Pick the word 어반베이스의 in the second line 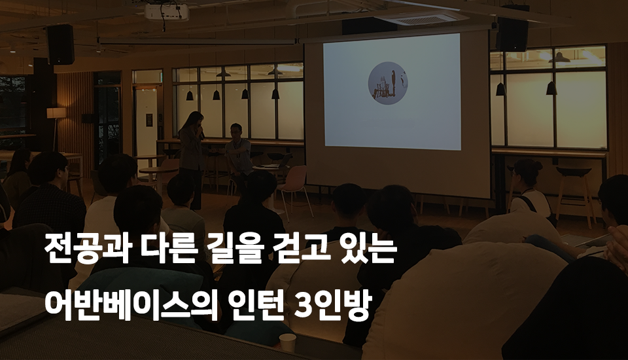[131, 305]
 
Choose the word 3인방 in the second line [332, 305]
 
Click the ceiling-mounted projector [166, 12]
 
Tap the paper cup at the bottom [288, 343]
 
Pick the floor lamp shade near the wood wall [56, 113]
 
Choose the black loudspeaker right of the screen [512, 34]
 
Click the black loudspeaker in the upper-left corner [60, 45]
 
